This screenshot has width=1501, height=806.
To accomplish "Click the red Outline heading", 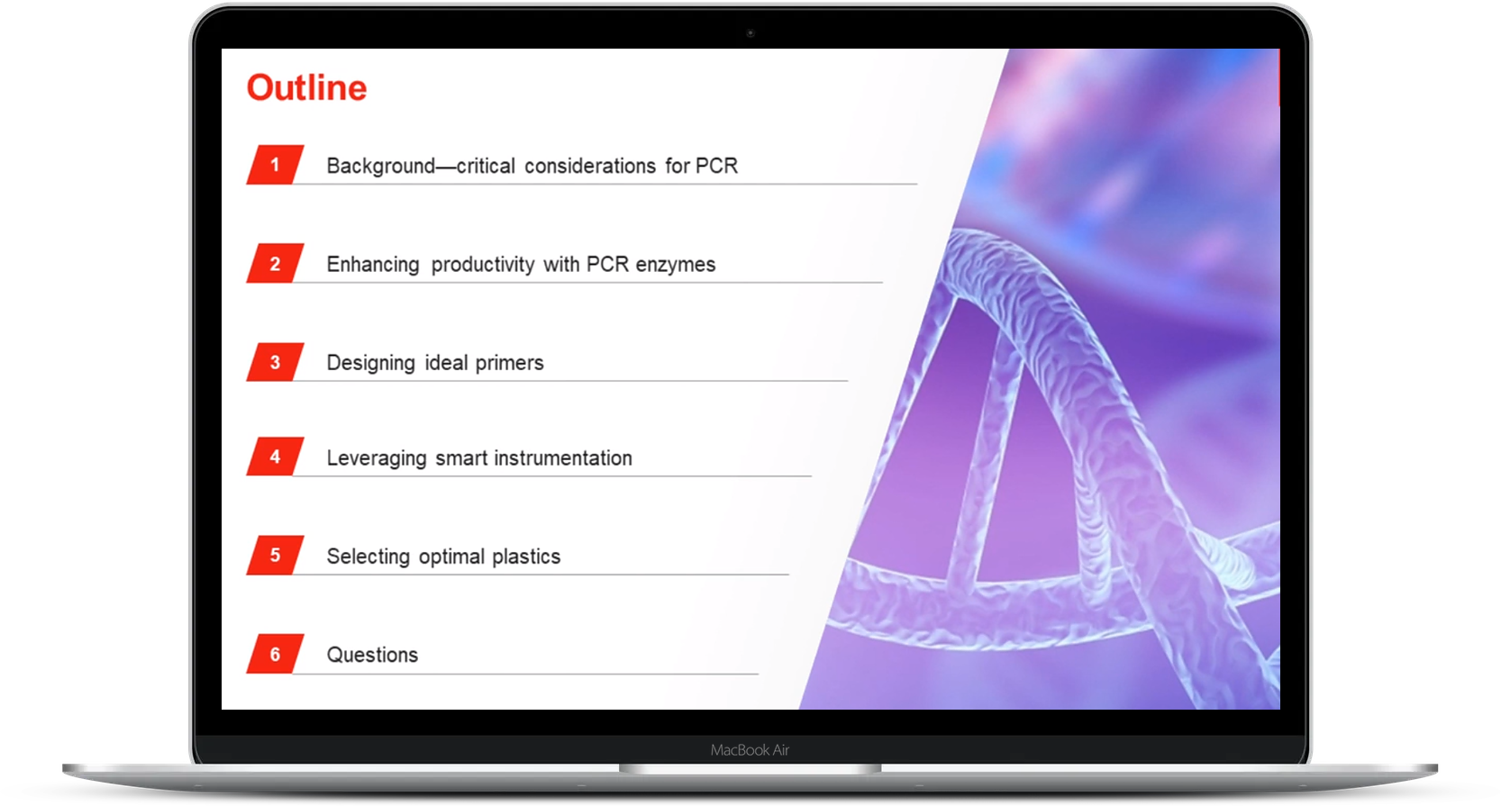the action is [307, 87].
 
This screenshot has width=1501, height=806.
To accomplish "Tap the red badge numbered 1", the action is [275, 165].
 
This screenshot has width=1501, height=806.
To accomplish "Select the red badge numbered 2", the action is [275, 263].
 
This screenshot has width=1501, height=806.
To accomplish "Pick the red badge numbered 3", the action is [275, 362].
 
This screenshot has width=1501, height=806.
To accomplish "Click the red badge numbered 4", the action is [275, 457].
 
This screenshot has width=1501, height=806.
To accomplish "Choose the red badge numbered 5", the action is [275, 556].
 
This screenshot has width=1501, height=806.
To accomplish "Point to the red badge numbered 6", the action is [275, 654].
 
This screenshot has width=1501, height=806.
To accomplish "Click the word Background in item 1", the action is [380, 167].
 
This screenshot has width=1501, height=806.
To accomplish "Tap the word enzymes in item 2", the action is [676, 266].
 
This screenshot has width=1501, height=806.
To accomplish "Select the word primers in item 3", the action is [509, 363].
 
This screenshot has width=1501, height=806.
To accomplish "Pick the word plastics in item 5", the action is [526, 557].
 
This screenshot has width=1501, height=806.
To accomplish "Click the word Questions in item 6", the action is [372, 655].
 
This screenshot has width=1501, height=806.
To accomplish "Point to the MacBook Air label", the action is [750, 750].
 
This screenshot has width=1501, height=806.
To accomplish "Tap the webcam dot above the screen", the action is [750, 32].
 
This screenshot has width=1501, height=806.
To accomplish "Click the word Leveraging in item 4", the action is [377, 459].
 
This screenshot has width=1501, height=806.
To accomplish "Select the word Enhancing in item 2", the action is [373, 266].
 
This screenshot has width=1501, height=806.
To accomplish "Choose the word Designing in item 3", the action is [370, 364].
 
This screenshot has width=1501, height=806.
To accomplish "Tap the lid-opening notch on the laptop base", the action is [750, 769].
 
